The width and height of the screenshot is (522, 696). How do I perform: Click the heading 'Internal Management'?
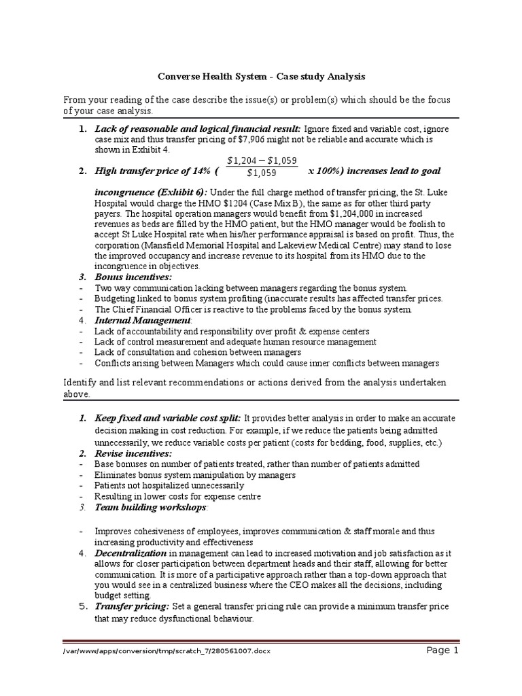pyautogui.click(x=135, y=320)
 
